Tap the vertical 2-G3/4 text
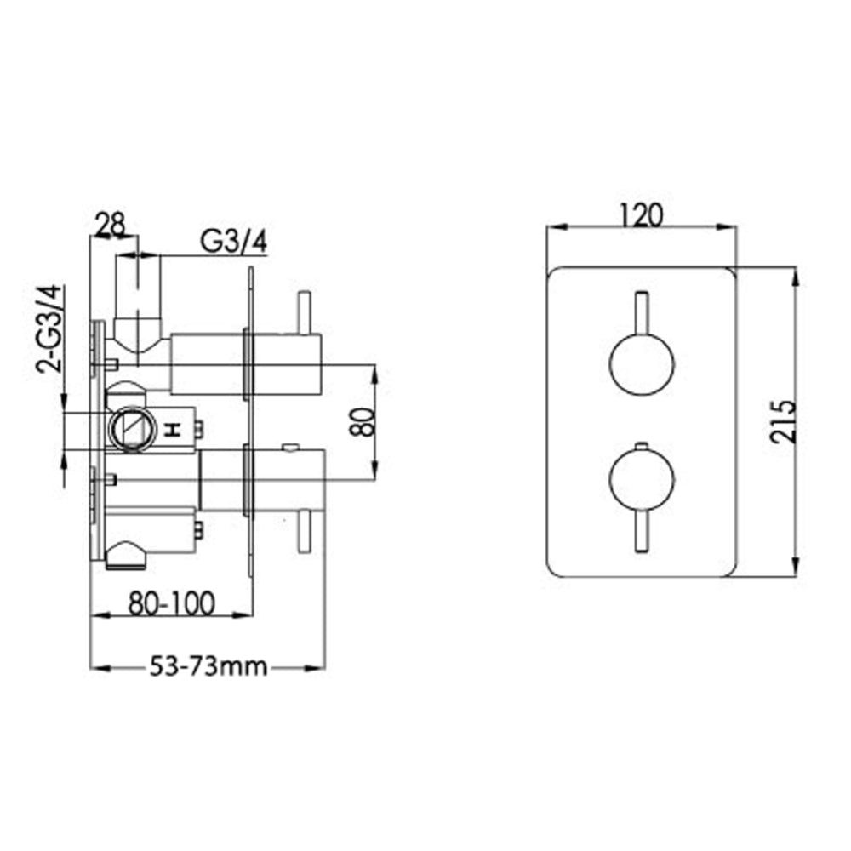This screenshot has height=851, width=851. [x=50, y=329]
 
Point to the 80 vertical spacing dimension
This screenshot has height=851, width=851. [x=364, y=420]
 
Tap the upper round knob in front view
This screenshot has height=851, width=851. [x=642, y=363]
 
